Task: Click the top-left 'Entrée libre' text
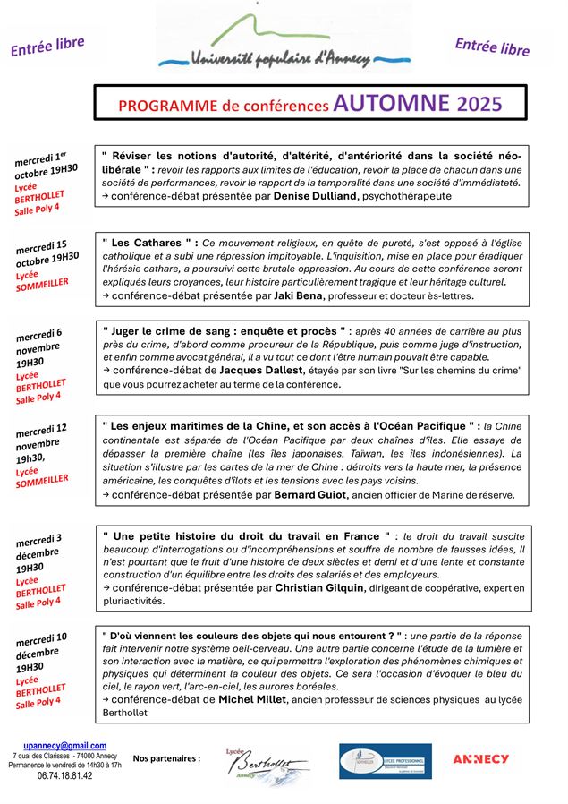(47, 47)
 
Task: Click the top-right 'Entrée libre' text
(491, 47)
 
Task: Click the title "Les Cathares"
(149, 243)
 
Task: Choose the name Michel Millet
(259, 699)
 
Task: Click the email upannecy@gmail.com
(64, 745)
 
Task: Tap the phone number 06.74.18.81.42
(64, 776)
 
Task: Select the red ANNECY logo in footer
(480, 758)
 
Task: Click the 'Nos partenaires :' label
(166, 758)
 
